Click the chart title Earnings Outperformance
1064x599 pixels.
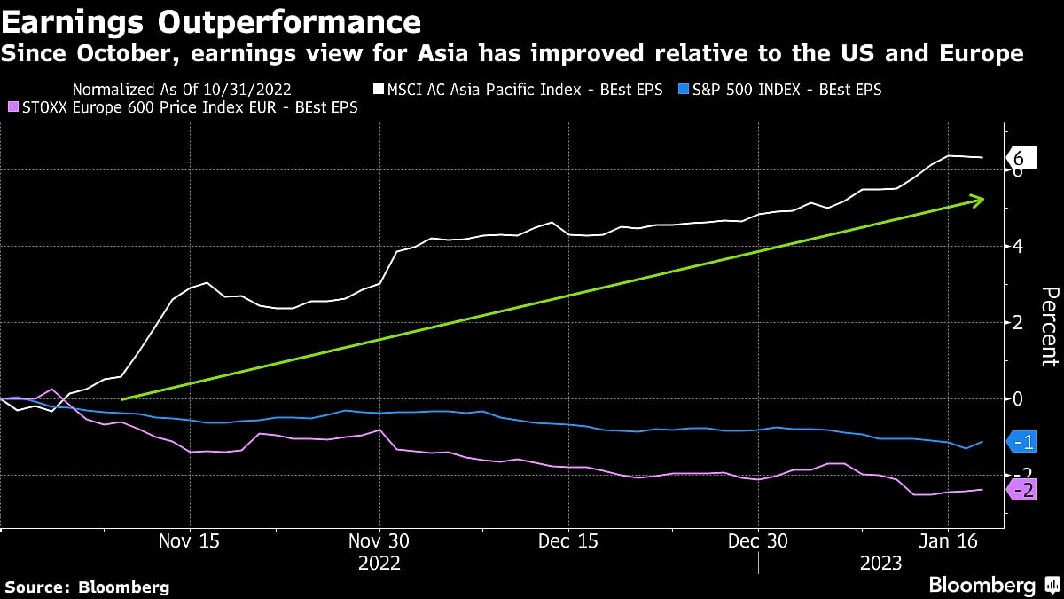pyautogui.click(x=211, y=20)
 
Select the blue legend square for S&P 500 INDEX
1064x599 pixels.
pyautogui.click(x=682, y=90)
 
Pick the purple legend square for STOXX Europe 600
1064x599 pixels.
pyautogui.click(x=11, y=107)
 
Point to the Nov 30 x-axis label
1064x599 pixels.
pyautogui.click(x=379, y=541)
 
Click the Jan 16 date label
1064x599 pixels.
pyautogui.click(x=948, y=541)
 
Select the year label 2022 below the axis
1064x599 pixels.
pyautogui.click(x=379, y=563)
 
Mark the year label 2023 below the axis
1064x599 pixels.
pyautogui.click(x=880, y=563)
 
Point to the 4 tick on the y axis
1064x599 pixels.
pyautogui.click(x=1018, y=247)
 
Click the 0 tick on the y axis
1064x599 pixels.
pyautogui.click(x=1018, y=399)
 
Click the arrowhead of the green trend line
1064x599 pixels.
pyautogui.click(x=978, y=201)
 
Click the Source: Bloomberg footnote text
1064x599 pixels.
pyautogui.click(x=87, y=587)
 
